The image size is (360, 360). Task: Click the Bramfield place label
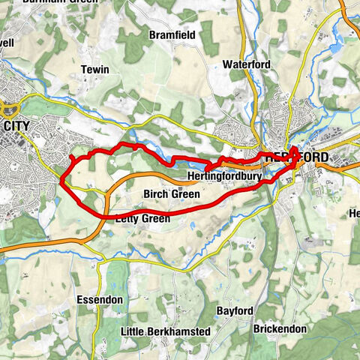172,35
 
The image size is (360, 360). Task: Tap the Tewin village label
95,70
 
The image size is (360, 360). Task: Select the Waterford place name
246,65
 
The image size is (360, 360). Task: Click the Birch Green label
171,194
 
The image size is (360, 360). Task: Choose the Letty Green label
142,219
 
